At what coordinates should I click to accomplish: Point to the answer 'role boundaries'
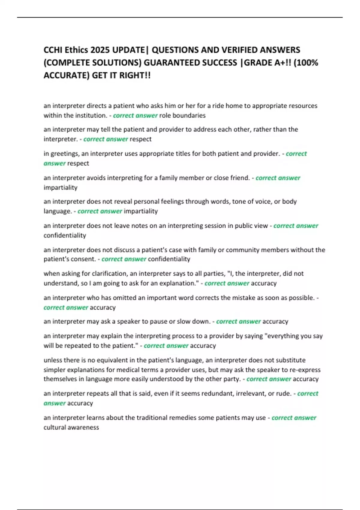click(x=182, y=115)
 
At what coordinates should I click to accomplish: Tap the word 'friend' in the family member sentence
click(x=239, y=178)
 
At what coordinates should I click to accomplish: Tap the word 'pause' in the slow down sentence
click(x=162, y=322)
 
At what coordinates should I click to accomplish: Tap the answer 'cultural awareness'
click(x=71, y=427)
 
